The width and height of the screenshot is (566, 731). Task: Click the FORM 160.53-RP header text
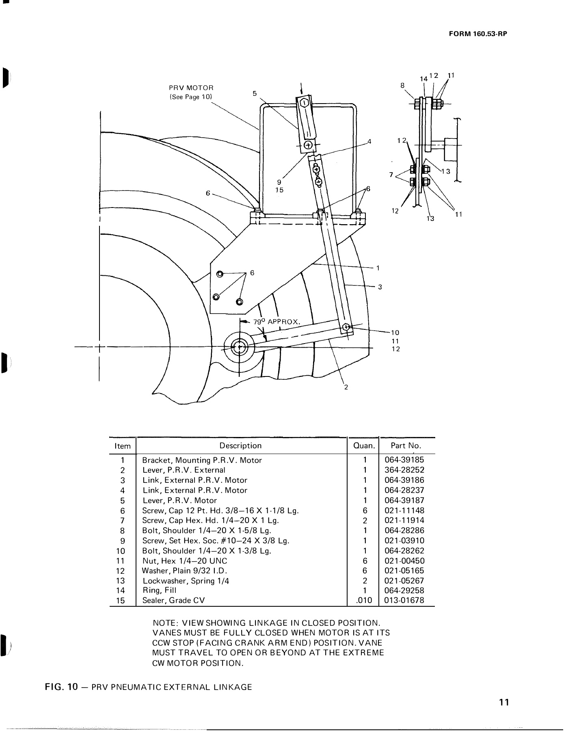(478, 34)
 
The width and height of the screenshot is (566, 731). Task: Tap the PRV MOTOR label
(191, 88)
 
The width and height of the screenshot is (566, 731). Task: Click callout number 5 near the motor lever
(255, 93)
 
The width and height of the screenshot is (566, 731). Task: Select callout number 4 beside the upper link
(369, 142)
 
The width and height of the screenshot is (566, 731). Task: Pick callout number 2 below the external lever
(346, 387)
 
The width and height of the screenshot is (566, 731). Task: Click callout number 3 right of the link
(380, 287)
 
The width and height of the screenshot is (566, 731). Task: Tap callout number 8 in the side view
(402, 86)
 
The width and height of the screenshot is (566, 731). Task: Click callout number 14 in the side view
(423, 78)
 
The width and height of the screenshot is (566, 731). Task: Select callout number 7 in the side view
(391, 175)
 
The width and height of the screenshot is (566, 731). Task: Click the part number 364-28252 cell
(404, 470)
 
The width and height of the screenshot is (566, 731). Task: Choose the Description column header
(240, 446)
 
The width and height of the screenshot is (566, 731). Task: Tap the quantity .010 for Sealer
(363, 601)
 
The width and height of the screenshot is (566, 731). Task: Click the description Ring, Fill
(159, 590)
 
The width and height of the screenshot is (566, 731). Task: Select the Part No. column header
(406, 446)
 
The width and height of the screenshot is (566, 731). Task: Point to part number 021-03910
(404, 541)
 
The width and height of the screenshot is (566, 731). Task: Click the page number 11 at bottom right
(504, 702)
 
